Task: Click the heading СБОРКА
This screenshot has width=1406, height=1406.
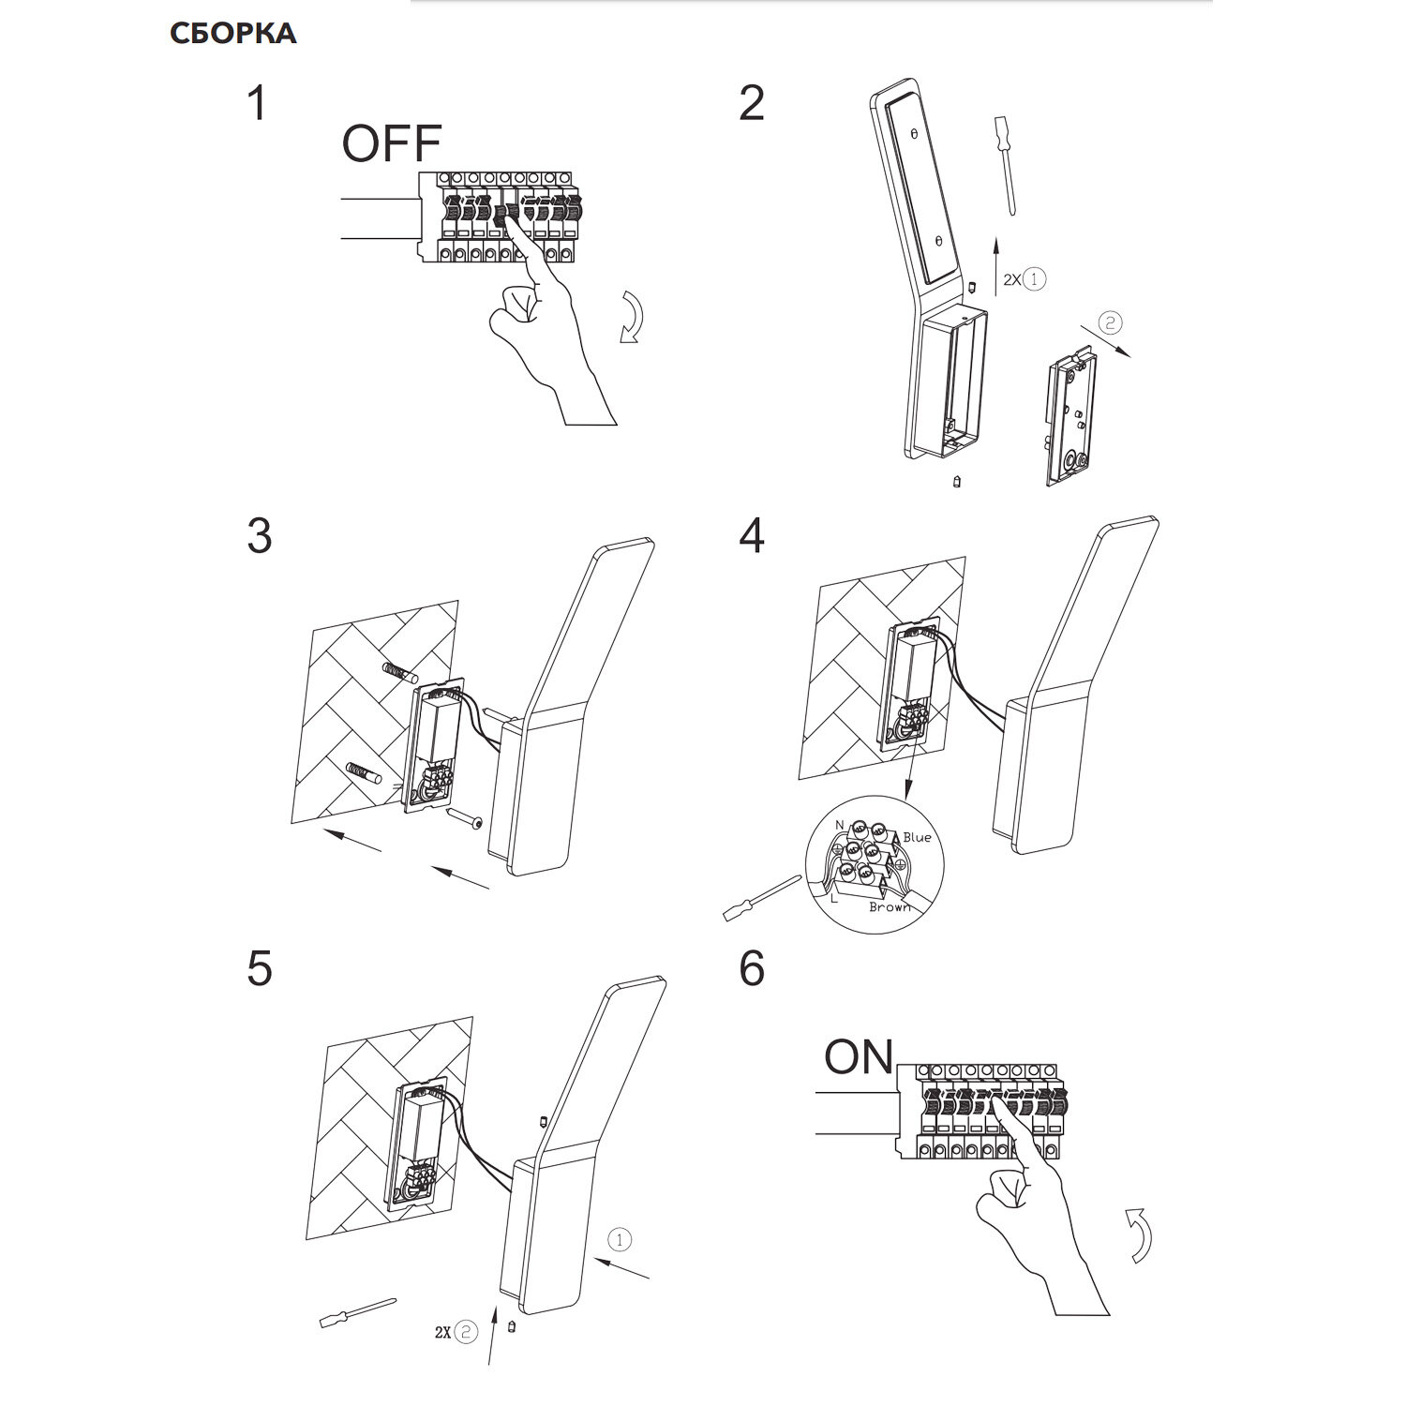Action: click(x=233, y=34)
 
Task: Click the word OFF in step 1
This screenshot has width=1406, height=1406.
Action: click(x=391, y=143)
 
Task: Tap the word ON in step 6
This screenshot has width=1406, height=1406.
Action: click(x=859, y=1057)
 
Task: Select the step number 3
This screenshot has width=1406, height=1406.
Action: click(x=260, y=536)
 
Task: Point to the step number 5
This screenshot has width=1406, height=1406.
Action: click(x=260, y=968)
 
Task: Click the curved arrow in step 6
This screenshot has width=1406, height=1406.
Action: click(x=1139, y=1234)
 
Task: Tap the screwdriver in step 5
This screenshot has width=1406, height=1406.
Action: click(x=358, y=1312)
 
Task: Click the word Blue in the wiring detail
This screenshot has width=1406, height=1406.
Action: click(x=917, y=837)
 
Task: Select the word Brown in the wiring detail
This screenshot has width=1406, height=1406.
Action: click(x=890, y=906)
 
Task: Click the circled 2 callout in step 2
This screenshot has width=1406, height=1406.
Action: click(x=1109, y=323)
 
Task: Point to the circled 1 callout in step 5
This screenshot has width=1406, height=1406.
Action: click(x=620, y=1240)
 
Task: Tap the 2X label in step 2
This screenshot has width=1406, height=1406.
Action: click(x=1011, y=279)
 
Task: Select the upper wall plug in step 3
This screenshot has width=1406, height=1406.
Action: click(x=399, y=671)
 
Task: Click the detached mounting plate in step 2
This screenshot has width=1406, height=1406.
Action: click(x=1069, y=420)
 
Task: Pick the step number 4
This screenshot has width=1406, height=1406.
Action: click(x=752, y=536)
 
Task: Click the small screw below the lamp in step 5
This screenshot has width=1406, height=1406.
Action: click(x=512, y=1326)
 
